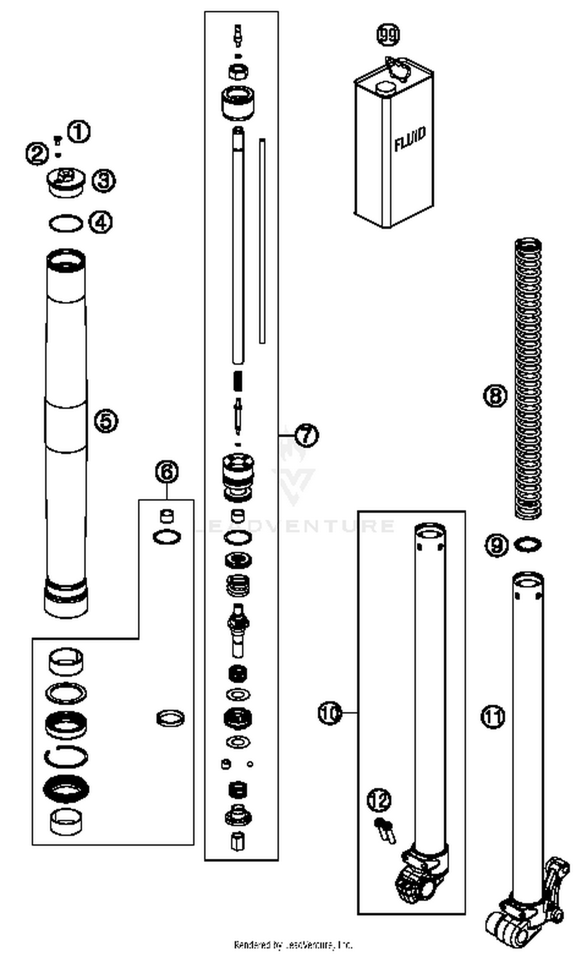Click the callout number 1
point(79,132)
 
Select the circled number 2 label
point(37,153)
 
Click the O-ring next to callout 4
point(66,224)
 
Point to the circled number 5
point(106,421)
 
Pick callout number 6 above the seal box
point(167,472)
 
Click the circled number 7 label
point(306,435)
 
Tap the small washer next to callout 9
point(528,545)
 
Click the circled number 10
point(330,713)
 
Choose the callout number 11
point(493,717)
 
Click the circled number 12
point(379,801)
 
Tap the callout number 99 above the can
point(388,34)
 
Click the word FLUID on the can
point(409,139)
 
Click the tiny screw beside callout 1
point(58,140)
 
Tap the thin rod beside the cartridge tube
point(262,241)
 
